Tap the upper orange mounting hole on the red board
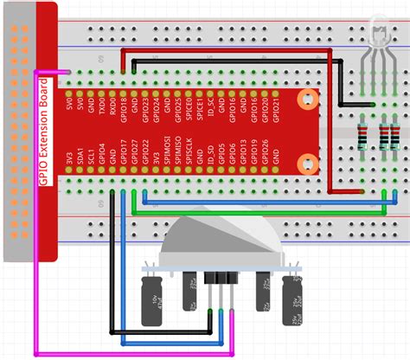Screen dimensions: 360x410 [x=304, y=96]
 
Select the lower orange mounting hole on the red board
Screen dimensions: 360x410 [x=304, y=162]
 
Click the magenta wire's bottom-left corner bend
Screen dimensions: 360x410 [x=35, y=353]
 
